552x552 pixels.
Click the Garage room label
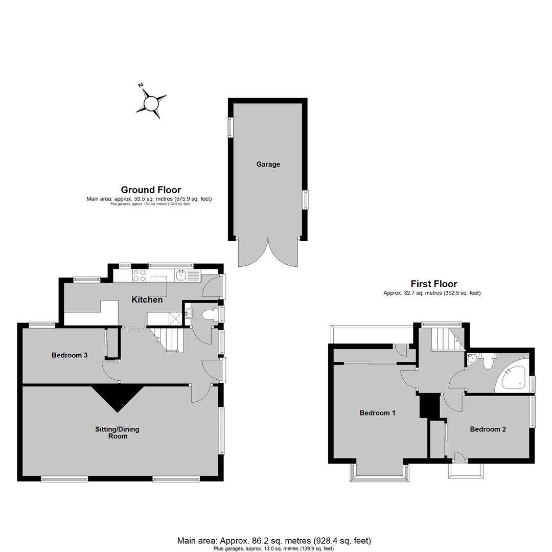pos(268,165)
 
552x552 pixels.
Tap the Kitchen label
pos(147,300)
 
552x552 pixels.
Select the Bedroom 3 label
pos(70,355)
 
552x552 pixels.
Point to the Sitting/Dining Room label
pos(117,433)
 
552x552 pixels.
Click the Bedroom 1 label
pos(377,412)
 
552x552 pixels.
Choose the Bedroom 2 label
pos(488,429)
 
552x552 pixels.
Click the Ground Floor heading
pos(151,190)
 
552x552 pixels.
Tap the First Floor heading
pos(434,284)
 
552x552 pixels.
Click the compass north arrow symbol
pos(151,103)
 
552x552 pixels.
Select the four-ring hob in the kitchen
pos(140,275)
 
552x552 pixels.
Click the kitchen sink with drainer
pos(188,275)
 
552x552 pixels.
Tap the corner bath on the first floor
pos(514,377)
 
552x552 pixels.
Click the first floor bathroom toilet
pos(488,361)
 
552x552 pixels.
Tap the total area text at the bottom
pos(274,540)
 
